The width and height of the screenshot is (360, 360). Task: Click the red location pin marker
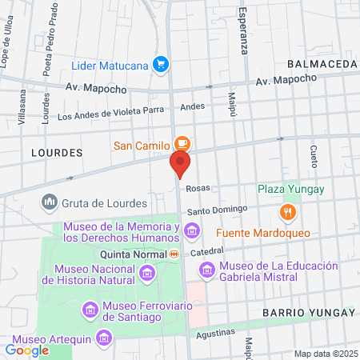(x=180, y=163)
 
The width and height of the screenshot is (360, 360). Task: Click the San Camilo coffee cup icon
(x=182, y=145)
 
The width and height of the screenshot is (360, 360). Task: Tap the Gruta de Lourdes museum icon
(x=50, y=202)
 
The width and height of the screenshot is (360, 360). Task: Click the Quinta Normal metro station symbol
(x=174, y=254)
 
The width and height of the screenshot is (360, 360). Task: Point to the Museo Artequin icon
(x=103, y=338)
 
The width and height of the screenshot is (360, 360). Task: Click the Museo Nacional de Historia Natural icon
(x=146, y=274)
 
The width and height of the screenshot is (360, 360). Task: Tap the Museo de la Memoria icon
(x=191, y=232)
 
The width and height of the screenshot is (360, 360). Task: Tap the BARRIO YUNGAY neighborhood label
(x=308, y=312)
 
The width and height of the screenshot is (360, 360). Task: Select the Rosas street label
(x=197, y=190)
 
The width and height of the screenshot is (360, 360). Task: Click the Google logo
(x=26, y=350)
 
